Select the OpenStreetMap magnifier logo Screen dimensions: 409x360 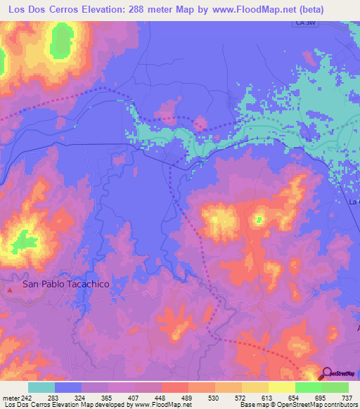[327, 373]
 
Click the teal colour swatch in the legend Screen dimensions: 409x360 [41, 387]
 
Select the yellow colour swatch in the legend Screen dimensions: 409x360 [282, 387]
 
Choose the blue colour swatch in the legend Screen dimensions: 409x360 [68, 387]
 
